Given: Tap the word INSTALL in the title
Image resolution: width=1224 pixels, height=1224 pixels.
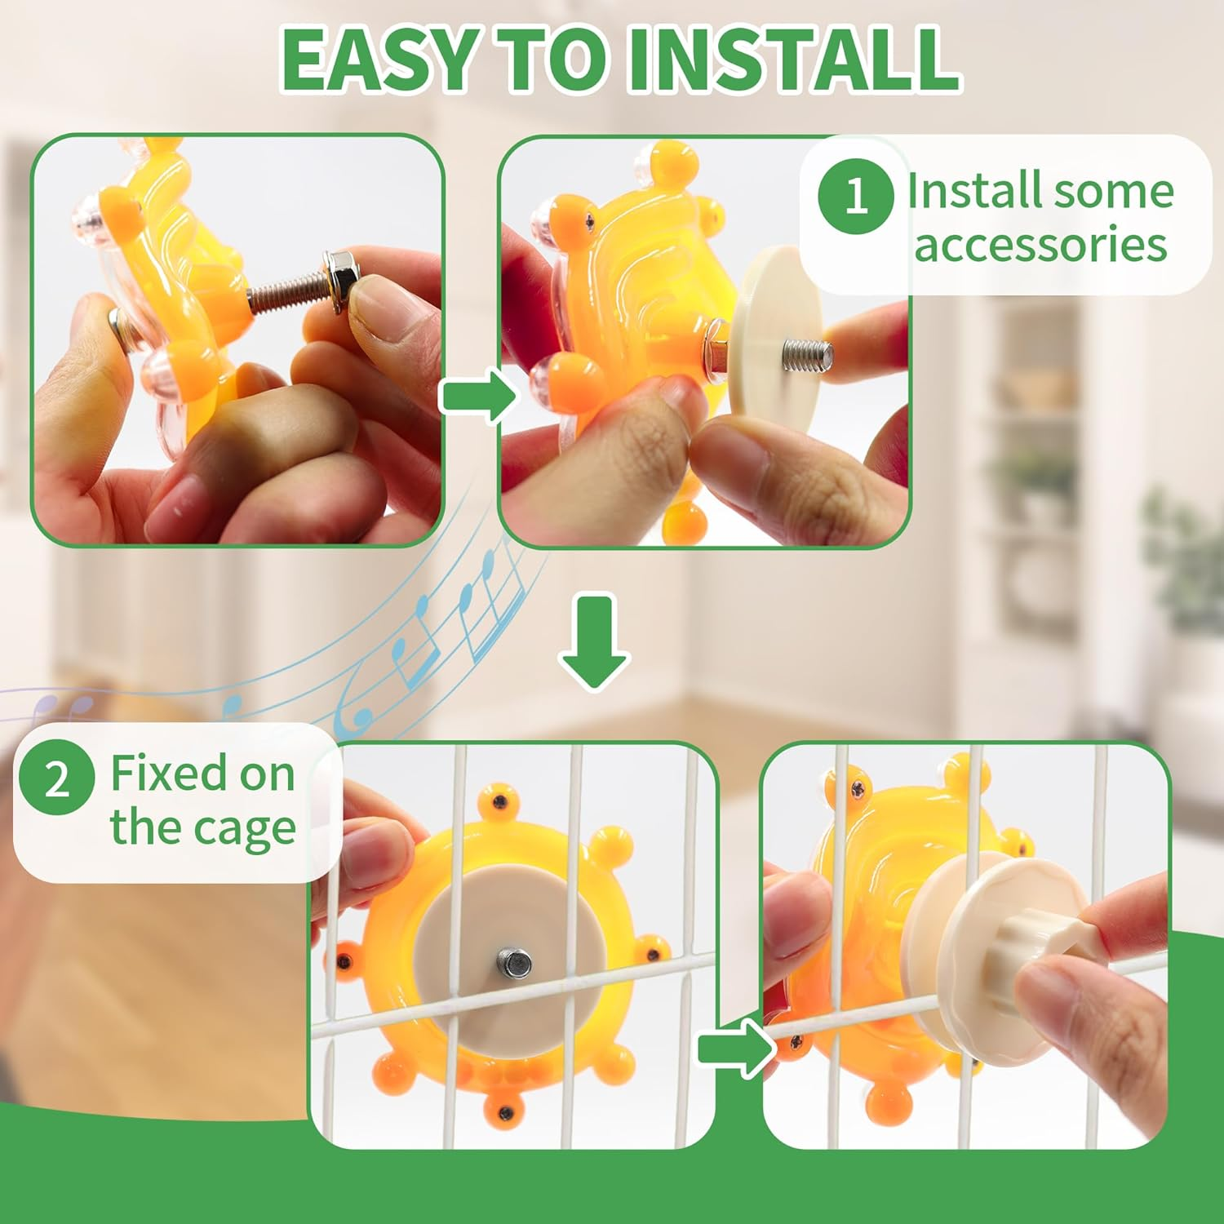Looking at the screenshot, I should pos(792,61).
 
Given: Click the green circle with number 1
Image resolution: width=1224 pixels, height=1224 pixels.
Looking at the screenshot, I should pos(855,196).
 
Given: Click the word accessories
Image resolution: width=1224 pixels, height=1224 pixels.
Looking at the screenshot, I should pos(1040,245).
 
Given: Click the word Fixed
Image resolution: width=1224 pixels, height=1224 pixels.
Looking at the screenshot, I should pos(168,773).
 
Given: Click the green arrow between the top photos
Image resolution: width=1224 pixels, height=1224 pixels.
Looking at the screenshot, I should pos(478,396).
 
